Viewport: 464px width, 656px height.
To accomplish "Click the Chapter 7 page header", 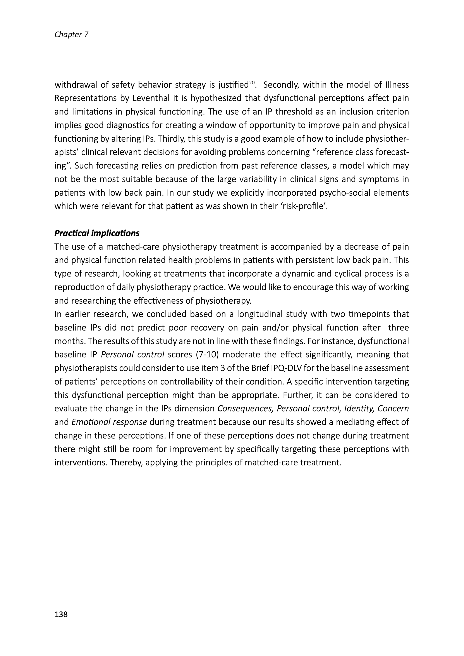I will [71, 35].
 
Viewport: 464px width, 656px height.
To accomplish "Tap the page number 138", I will [61, 614].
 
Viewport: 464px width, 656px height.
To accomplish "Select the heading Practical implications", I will [97, 233].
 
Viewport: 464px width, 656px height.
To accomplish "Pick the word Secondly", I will [281, 85].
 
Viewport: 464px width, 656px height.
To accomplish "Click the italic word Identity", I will [359, 409].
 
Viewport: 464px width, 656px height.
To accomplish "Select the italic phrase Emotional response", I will [109, 422].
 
